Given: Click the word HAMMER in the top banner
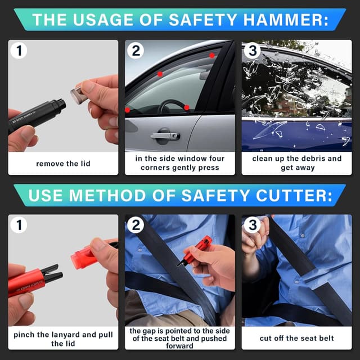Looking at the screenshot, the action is [285, 20].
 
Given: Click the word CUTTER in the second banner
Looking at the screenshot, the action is [294, 196].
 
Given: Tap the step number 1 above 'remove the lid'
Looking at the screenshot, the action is [19, 51].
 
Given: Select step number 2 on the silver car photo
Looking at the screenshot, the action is [136, 51].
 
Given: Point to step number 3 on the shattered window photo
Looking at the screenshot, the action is [253, 51].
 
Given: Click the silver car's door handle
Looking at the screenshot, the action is [165, 136].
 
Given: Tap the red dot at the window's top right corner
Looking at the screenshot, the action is [212, 55].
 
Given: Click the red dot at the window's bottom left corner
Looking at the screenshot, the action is [128, 110].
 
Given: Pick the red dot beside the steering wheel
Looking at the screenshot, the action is [187, 107].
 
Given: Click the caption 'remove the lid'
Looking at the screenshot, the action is [63, 164].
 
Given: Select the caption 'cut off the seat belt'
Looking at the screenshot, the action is [296, 338].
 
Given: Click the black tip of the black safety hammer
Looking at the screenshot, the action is [61, 105].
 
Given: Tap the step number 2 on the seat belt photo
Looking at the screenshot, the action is [136, 225].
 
